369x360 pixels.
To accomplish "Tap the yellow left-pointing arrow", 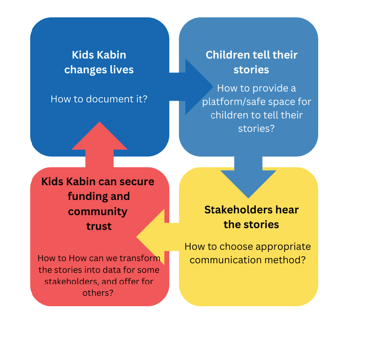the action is click(156, 236).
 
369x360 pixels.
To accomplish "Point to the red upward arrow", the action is click(99, 143).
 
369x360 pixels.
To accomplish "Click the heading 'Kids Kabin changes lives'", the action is click(99, 62).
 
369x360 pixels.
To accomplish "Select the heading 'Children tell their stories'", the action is click(251, 62).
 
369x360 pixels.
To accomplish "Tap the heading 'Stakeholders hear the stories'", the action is click(251, 217).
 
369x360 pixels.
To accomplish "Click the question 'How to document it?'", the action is click(99, 99).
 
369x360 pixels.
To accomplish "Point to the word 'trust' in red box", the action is click(99, 226).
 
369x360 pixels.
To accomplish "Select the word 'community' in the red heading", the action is click(98, 211).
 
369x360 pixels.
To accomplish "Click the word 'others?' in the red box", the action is click(99, 293).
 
